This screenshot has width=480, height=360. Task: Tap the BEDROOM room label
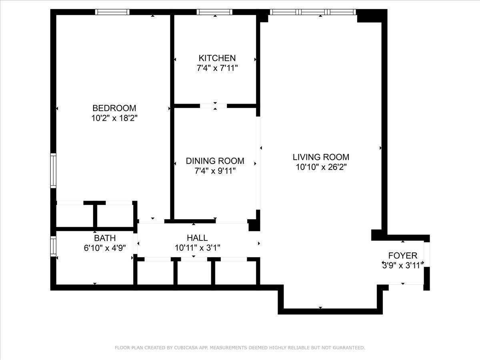[x=114, y=108]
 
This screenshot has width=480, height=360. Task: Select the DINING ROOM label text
[x=215, y=161]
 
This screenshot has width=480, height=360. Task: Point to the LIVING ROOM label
[x=321, y=157]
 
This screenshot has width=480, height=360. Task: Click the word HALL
[x=197, y=238]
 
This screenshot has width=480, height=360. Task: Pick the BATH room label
[x=105, y=238]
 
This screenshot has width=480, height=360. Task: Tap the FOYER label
[x=402, y=256]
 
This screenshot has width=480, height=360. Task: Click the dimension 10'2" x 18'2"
[x=114, y=118]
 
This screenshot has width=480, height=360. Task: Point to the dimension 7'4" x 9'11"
[x=215, y=171]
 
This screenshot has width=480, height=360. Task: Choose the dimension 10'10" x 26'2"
[x=321, y=167]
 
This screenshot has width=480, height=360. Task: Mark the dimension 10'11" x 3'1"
[x=197, y=248]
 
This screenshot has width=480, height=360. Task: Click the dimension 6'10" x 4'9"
[x=105, y=248]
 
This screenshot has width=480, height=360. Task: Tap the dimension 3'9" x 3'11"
[x=402, y=265]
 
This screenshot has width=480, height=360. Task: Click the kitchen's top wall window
[x=215, y=12]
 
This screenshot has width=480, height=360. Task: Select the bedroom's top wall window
[x=112, y=12]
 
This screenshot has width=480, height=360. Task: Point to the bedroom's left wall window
[x=53, y=170]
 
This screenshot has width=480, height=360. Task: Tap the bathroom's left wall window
[x=53, y=246]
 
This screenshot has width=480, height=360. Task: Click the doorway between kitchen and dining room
[x=213, y=106]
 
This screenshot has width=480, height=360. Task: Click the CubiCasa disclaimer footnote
[x=240, y=348]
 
